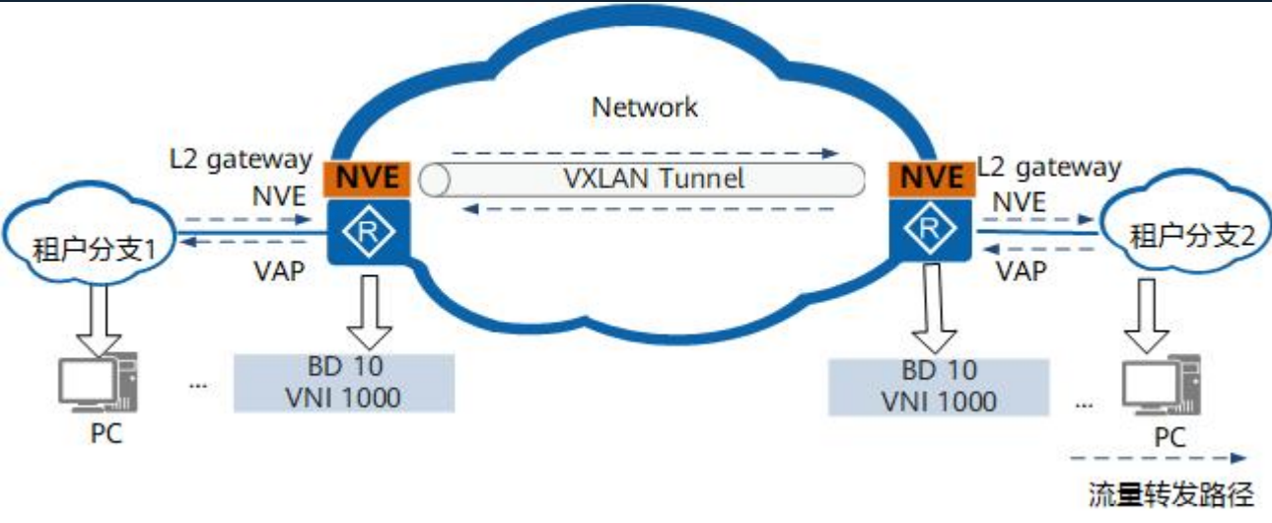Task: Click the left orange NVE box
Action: point(367,179)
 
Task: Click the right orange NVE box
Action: point(925,179)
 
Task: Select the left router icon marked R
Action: point(367,231)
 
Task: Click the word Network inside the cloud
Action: point(644,107)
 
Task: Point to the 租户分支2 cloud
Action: point(1180,235)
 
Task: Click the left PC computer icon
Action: point(99,386)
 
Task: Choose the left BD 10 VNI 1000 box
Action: point(344,383)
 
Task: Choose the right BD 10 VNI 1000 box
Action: point(940,385)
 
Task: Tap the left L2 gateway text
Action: point(240,158)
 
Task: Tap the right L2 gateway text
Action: point(1048,167)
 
